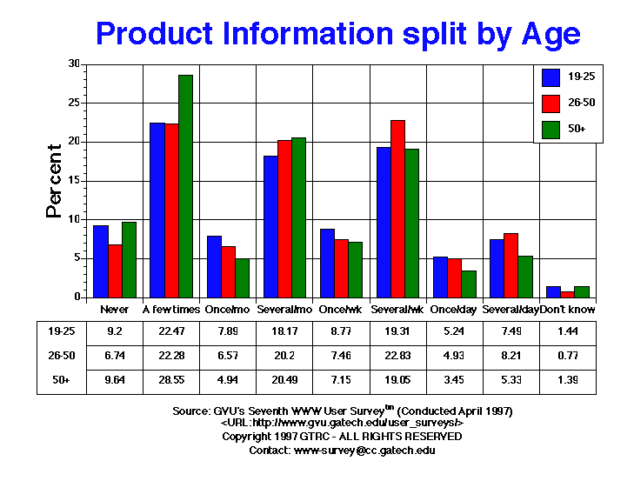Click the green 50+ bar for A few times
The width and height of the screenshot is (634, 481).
185,186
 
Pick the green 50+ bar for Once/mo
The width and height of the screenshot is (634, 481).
242,277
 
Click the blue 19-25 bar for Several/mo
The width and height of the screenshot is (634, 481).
270,226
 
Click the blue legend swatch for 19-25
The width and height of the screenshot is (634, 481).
550,77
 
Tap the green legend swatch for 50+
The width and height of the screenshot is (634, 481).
550,128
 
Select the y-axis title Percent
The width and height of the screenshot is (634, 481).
55,181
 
